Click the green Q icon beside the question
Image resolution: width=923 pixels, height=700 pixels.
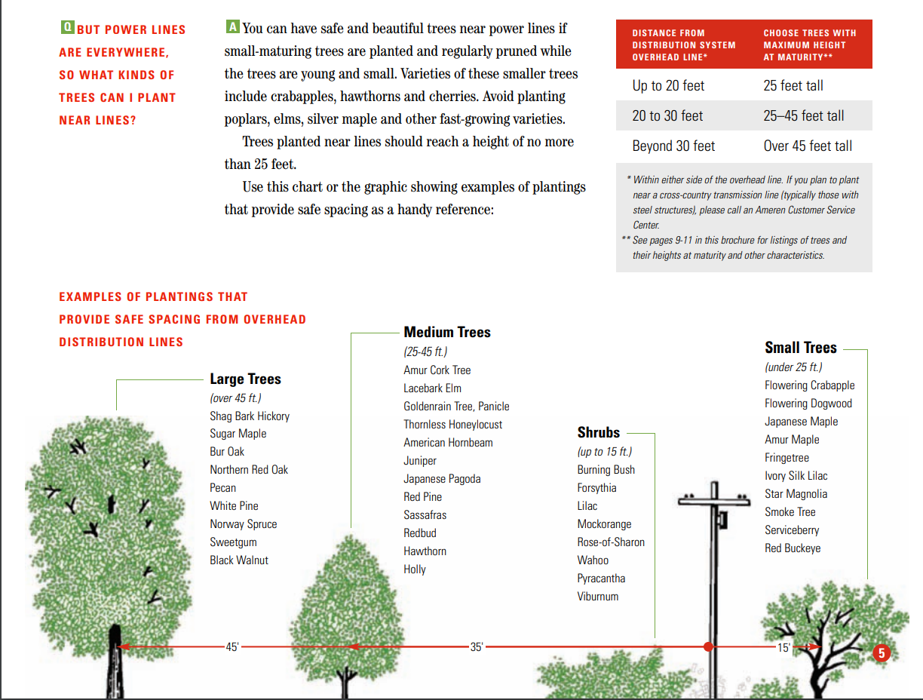pyautogui.click(x=67, y=28)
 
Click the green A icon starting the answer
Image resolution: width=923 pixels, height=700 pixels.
pyautogui.click(x=233, y=27)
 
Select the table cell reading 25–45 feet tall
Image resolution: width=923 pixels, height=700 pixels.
pyautogui.click(x=803, y=115)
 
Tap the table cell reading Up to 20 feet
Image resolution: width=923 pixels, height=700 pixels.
pyautogui.click(x=668, y=85)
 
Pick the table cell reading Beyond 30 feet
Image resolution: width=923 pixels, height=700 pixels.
pyautogui.click(x=673, y=146)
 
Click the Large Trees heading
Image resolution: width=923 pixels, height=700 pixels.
pyautogui.click(x=245, y=379)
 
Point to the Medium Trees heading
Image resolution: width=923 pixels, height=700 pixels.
pyautogui.click(x=446, y=332)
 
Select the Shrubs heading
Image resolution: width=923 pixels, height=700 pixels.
pyautogui.click(x=598, y=432)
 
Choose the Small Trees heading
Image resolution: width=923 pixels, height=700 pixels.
pyautogui.click(x=800, y=348)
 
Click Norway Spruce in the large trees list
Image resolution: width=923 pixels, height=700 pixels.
pyautogui.click(x=243, y=524)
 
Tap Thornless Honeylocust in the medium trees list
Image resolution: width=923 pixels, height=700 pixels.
pyautogui.click(x=452, y=425)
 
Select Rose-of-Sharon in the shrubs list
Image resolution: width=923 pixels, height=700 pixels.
pyautogui.click(x=611, y=542)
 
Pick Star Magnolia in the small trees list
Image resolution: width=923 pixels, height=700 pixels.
pyautogui.click(x=796, y=494)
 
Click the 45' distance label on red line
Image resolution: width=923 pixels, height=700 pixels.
pyautogui.click(x=232, y=646)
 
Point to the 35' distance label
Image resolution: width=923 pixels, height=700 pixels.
pyautogui.click(x=477, y=646)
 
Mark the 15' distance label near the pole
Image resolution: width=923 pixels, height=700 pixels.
pyautogui.click(x=783, y=647)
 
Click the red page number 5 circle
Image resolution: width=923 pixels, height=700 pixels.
pyautogui.click(x=882, y=653)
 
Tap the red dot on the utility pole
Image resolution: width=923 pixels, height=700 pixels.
pyautogui.click(x=708, y=646)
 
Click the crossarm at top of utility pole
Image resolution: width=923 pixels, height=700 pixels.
pyautogui.click(x=713, y=499)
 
